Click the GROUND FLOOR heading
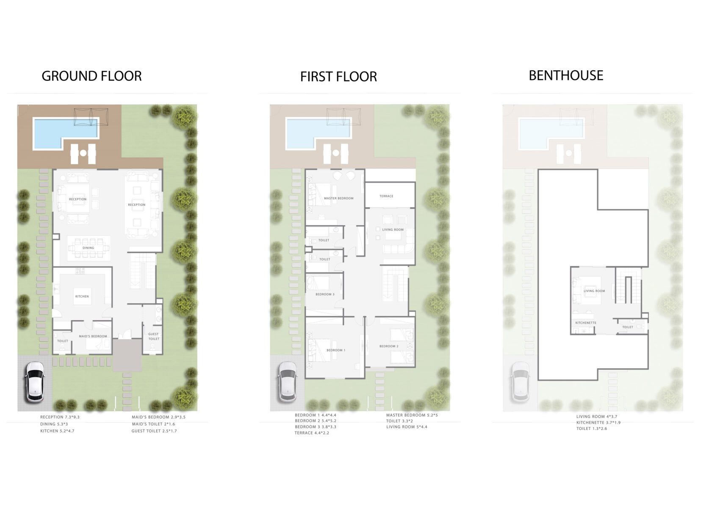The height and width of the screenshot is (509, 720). (x=91, y=76)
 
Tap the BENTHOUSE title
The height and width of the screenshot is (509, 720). (x=566, y=75)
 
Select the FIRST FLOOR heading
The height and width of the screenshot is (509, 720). (x=338, y=77)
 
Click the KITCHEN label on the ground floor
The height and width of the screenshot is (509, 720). (x=82, y=296)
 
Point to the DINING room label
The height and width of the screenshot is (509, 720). (x=88, y=248)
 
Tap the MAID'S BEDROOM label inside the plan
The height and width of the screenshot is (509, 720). (x=93, y=336)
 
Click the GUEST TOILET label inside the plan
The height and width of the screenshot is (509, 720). (x=154, y=337)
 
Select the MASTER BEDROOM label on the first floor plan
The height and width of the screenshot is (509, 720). (x=338, y=198)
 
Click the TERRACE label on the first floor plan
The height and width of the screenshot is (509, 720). (x=386, y=196)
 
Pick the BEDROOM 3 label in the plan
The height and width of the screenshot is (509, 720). (x=325, y=294)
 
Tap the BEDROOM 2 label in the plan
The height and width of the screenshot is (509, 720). (x=389, y=346)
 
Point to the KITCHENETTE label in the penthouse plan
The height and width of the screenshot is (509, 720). (x=586, y=323)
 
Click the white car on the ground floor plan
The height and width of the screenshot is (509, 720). (x=35, y=382)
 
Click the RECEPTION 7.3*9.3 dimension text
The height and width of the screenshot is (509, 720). (x=60, y=417)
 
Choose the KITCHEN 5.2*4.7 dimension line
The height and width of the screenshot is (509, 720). (x=57, y=431)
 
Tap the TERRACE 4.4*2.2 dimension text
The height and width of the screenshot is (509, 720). (x=312, y=433)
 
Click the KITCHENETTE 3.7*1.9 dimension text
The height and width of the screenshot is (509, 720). (x=598, y=423)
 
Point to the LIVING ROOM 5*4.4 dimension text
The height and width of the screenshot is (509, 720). (x=407, y=427)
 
